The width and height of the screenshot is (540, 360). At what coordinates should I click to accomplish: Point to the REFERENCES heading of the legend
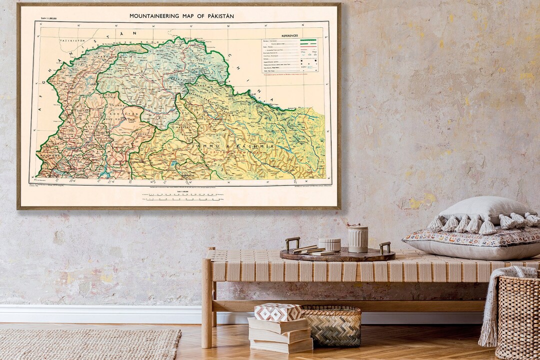tap(289, 36)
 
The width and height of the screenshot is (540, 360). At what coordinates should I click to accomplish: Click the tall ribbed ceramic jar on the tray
tap(358, 239)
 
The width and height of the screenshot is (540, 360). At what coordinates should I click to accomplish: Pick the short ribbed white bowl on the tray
tap(329, 244)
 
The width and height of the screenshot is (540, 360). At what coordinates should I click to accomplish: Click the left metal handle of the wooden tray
tap(292, 242)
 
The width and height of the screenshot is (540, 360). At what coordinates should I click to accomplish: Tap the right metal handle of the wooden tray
tap(385, 247)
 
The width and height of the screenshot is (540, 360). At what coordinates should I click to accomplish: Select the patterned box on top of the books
tap(278, 312)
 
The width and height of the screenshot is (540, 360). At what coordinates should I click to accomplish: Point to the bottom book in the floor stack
tap(281, 345)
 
